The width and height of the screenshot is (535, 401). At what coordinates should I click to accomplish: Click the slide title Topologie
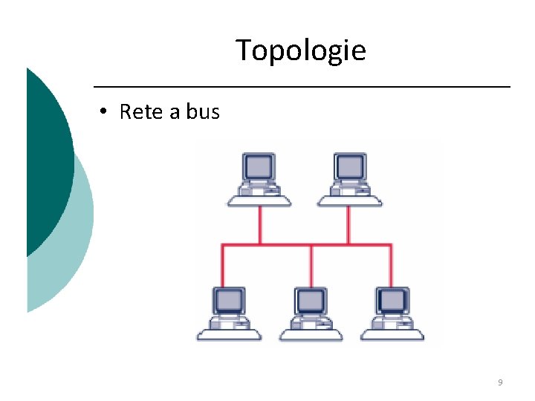[x=301, y=50]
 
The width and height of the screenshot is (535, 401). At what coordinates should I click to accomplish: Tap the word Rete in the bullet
[x=140, y=112]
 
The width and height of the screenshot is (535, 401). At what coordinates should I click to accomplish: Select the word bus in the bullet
[x=203, y=112]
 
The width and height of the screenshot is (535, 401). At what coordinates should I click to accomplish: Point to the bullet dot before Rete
[x=105, y=112]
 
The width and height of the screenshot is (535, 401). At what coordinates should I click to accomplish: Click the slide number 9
[x=500, y=382]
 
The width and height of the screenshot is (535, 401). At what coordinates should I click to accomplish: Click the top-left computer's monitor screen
[x=259, y=166]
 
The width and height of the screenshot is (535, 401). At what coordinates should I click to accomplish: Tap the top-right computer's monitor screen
[x=349, y=166]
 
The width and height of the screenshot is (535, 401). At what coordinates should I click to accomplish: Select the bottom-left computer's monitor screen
[x=228, y=300]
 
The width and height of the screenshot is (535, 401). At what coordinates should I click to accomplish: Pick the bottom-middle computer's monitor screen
[x=310, y=300]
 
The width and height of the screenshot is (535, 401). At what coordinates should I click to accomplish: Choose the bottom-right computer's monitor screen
[x=392, y=300]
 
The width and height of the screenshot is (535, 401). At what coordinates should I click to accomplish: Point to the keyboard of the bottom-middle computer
[x=310, y=333]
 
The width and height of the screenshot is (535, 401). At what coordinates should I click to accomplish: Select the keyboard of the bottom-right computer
[x=392, y=333]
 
